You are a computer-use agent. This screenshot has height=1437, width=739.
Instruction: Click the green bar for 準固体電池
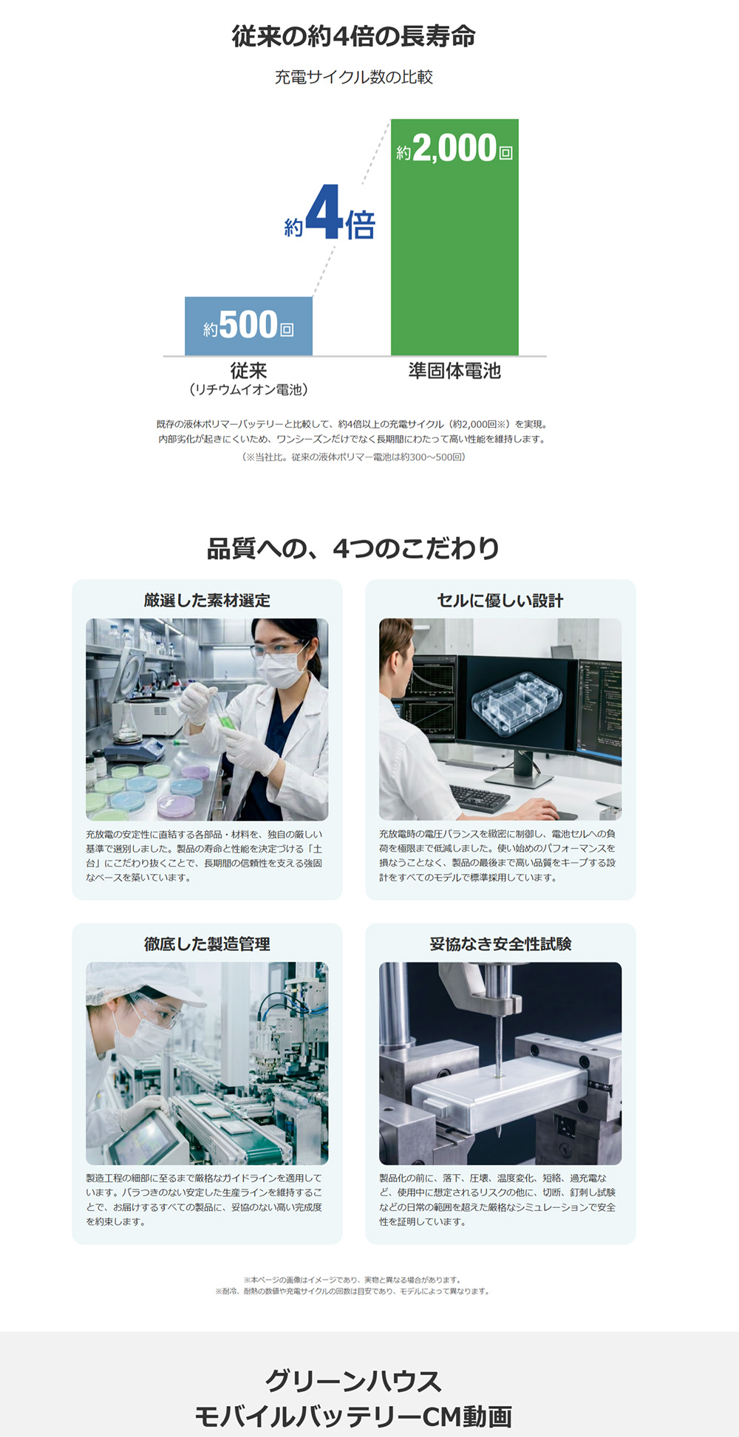click(454, 236)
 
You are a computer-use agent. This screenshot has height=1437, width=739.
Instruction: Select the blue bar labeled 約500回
click(248, 326)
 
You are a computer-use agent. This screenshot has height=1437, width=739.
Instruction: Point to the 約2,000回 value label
click(454, 149)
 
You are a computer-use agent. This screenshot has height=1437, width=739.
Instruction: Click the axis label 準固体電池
click(454, 371)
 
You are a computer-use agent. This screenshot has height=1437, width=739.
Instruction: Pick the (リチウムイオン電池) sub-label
click(248, 389)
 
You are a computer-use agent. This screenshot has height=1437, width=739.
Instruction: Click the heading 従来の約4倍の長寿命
click(353, 36)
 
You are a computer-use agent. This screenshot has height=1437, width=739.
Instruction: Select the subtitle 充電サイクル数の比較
click(353, 77)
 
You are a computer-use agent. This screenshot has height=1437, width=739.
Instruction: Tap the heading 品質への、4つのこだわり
click(353, 548)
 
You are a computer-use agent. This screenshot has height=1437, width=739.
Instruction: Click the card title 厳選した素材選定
click(207, 600)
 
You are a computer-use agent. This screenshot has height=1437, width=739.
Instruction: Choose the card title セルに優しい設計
click(500, 600)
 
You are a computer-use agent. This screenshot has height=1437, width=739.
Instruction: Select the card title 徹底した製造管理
click(207, 943)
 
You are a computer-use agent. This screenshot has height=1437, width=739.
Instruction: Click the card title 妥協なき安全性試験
click(500, 943)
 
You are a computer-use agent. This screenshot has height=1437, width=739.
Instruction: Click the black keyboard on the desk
click(480, 798)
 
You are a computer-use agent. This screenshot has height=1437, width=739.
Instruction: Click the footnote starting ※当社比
click(353, 457)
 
